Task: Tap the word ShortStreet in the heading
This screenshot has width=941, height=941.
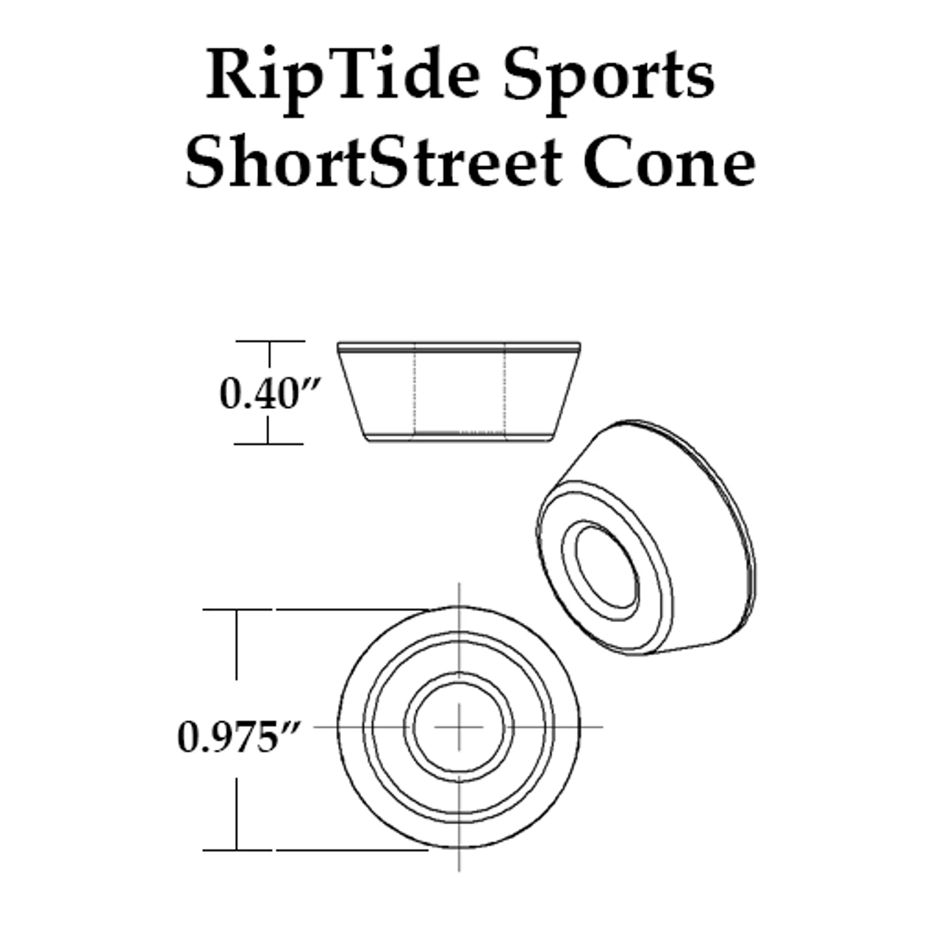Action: [373, 162]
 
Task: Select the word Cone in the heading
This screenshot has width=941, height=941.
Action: [669, 162]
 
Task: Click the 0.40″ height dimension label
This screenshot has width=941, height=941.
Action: [270, 394]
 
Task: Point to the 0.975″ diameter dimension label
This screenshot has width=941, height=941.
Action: [237, 737]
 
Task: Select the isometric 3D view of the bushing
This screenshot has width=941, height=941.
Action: [646, 537]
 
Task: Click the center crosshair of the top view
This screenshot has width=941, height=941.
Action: [459, 727]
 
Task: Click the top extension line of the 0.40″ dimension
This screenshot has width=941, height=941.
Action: [271, 341]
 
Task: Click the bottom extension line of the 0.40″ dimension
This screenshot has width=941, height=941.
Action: [268, 444]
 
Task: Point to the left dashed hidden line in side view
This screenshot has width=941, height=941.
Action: [415, 389]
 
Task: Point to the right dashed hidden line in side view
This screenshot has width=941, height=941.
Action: [504, 389]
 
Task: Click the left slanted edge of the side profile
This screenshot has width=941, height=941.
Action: [353, 396]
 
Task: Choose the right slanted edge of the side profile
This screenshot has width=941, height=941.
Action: [566, 396]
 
